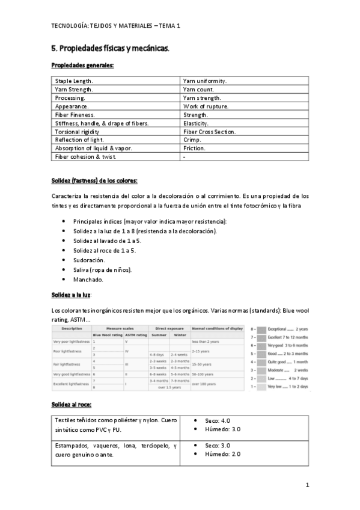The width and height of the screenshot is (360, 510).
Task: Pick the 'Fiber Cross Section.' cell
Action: coord(209,131)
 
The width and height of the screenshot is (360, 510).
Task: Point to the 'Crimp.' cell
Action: coord(192,140)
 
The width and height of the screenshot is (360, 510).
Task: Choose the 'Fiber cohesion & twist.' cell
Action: coord(85,156)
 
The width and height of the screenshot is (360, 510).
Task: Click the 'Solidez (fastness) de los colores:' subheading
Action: coord(94,181)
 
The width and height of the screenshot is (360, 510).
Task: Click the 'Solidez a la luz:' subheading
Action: coord(71,295)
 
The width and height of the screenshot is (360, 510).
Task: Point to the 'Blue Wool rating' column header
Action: coord(108,335)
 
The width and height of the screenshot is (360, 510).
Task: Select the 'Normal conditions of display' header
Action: coord(217,328)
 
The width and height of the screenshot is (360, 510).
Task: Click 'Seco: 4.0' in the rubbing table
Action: coord(217,420)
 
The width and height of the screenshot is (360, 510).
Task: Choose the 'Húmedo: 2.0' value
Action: coord(222,454)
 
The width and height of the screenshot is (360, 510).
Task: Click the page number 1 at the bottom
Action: coord(307,485)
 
